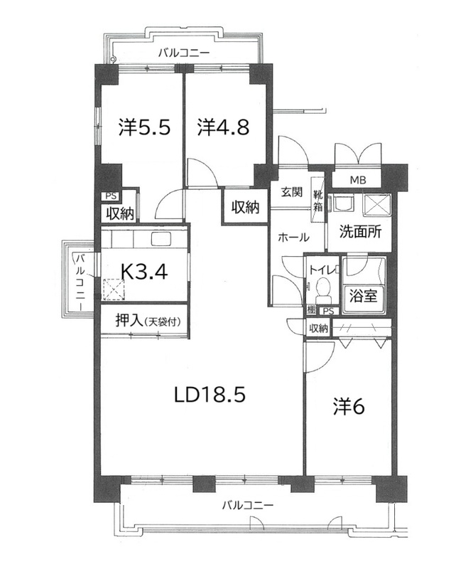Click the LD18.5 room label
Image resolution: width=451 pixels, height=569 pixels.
(210, 395)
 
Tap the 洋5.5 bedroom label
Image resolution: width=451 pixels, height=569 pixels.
(145, 127)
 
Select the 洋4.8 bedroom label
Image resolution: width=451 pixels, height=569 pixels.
(223, 127)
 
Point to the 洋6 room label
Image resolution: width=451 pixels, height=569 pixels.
(349, 407)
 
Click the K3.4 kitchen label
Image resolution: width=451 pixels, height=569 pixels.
(144, 271)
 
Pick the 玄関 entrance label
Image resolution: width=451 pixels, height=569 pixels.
(292, 192)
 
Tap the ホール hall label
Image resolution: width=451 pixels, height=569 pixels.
(293, 238)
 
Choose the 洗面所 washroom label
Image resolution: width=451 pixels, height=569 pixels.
(360, 232)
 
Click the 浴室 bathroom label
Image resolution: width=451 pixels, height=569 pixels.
(364, 296)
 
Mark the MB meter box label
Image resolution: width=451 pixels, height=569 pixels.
(358, 180)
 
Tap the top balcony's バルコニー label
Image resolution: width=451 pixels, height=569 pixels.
(184, 53)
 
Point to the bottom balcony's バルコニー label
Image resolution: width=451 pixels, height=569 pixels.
(248, 505)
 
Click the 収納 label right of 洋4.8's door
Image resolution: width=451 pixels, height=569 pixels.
(246, 207)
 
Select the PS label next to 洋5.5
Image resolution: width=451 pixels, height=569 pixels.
(112, 196)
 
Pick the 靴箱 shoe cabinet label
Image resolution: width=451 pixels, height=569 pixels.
(317, 201)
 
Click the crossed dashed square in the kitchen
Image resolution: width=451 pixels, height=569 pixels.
(114, 289)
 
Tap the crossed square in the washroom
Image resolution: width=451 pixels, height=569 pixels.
(376, 205)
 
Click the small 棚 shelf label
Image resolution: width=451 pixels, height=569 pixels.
(311, 310)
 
